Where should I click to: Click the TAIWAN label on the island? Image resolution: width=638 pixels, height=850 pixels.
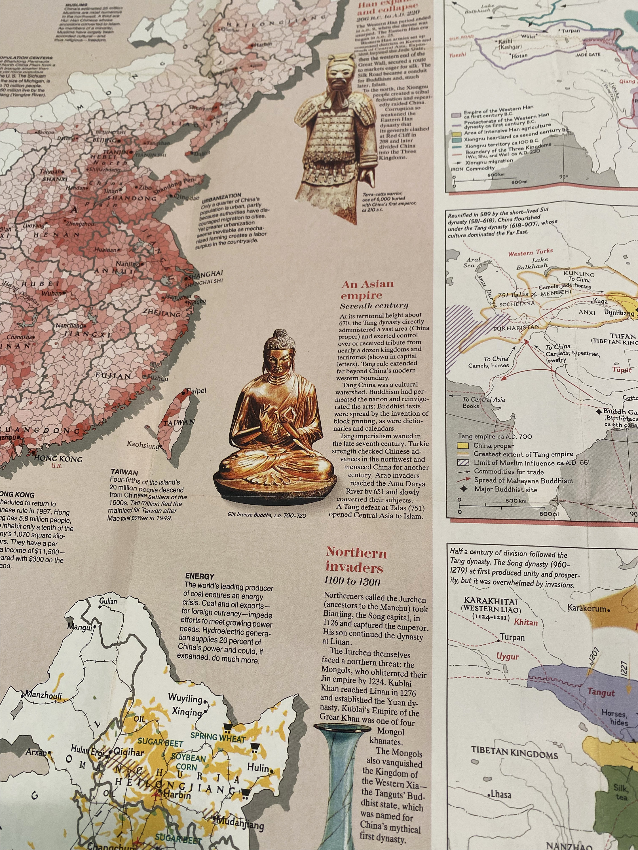coord(179,422)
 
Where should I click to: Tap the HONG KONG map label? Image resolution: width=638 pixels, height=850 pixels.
coord(58,458)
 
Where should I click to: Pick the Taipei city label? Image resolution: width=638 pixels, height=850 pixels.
coord(196,391)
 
